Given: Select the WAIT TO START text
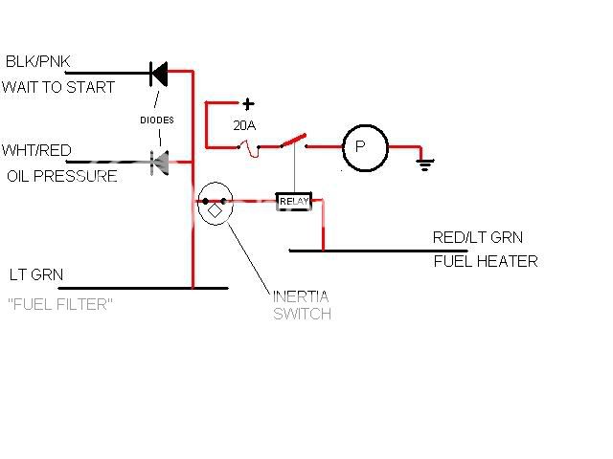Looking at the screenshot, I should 58,87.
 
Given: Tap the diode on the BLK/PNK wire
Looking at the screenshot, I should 159,72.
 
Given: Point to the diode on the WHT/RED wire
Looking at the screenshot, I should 159,160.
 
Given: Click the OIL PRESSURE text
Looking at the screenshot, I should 62,176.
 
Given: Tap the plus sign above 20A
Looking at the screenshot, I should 248,104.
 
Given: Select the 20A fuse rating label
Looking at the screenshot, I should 245,125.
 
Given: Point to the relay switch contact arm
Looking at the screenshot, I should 294,142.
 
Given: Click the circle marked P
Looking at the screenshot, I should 365,147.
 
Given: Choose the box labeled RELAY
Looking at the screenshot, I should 293,201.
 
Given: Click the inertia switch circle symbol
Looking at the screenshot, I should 216,205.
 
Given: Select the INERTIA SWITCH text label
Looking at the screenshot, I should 302,305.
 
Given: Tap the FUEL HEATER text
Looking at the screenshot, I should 486,261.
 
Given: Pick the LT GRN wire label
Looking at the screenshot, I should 36,274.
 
